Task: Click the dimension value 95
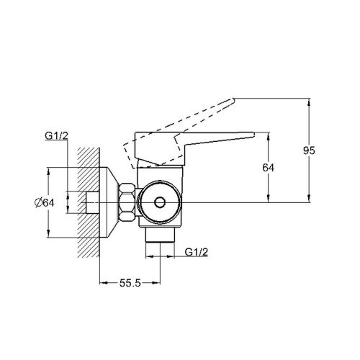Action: (x=309, y=150)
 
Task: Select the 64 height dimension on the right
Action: (x=268, y=168)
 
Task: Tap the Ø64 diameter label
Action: (x=45, y=203)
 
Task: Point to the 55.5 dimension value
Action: (x=130, y=283)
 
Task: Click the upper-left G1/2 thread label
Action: (x=57, y=136)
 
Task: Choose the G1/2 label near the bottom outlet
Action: (x=197, y=252)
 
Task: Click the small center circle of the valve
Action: (x=159, y=202)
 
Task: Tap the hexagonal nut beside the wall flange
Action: (x=127, y=202)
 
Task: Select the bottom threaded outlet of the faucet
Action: (x=160, y=235)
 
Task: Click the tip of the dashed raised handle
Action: (x=233, y=99)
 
